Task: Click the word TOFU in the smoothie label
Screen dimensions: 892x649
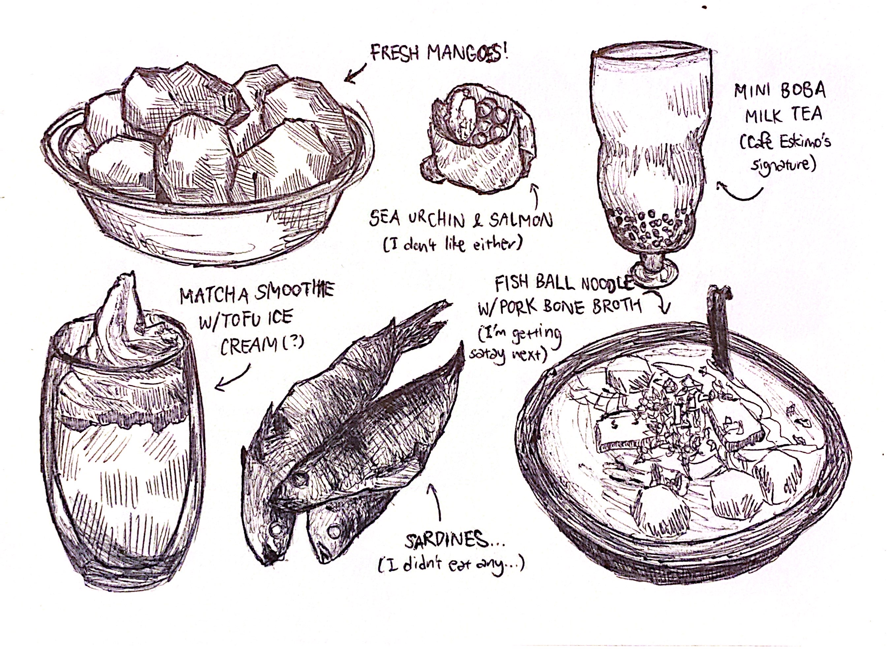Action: tap(241, 320)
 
